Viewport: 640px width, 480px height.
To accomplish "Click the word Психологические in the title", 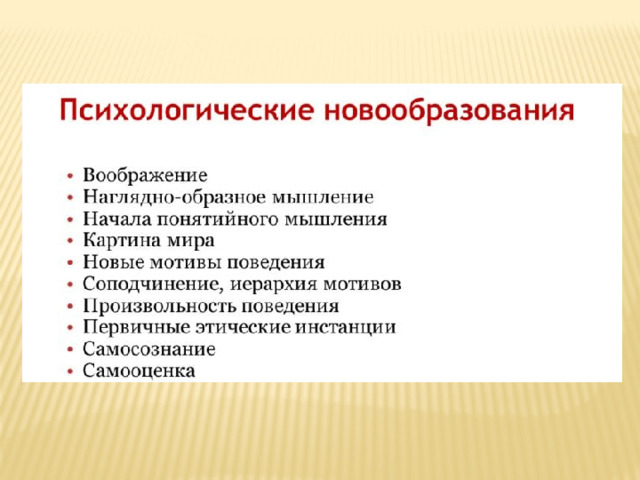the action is pos(187,110).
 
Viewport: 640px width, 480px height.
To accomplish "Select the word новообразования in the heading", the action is pos(449,110).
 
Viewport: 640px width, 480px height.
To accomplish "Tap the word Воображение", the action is pos(145,176).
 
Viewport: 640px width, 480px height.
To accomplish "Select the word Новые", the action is pos(113,262).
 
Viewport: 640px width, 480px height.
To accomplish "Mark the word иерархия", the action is pos(273,284).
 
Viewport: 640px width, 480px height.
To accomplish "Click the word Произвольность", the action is pos(159,306).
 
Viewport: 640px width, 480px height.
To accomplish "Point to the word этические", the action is pos(242,327).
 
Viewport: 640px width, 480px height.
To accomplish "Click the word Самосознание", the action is pos(149,349).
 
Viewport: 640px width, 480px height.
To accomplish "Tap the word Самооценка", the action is pos(139,371).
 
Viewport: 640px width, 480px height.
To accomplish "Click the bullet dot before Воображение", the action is pos(71,176).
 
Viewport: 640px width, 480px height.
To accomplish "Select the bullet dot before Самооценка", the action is pos(71,371).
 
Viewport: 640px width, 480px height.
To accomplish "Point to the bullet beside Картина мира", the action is pos(71,241).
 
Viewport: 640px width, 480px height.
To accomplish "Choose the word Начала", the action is pos(118,220).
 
